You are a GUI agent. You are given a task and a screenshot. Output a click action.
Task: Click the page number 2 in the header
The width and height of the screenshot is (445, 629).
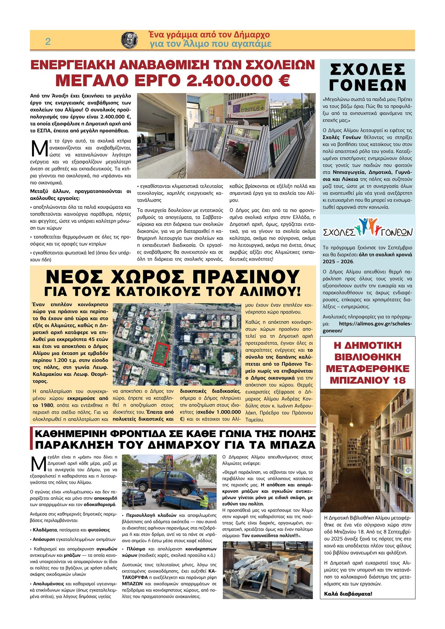pos(48,42)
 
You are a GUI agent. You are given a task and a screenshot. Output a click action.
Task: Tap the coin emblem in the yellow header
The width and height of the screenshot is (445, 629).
pos(129,40)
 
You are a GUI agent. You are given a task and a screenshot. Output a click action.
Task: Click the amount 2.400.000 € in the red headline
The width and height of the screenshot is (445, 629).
pos(238,80)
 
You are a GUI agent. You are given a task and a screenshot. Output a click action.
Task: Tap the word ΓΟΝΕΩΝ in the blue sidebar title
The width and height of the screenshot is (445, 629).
pos(368,85)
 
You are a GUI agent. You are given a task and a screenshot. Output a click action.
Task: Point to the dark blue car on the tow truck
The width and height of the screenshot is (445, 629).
pos(166,484)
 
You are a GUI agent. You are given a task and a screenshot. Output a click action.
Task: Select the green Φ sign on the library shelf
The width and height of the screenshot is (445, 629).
pos(408,470)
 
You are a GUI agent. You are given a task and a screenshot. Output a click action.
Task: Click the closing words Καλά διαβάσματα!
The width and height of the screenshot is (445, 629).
pos(348,594)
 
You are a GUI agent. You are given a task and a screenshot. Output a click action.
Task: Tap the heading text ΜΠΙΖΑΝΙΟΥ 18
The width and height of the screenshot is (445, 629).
pos(368,380)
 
